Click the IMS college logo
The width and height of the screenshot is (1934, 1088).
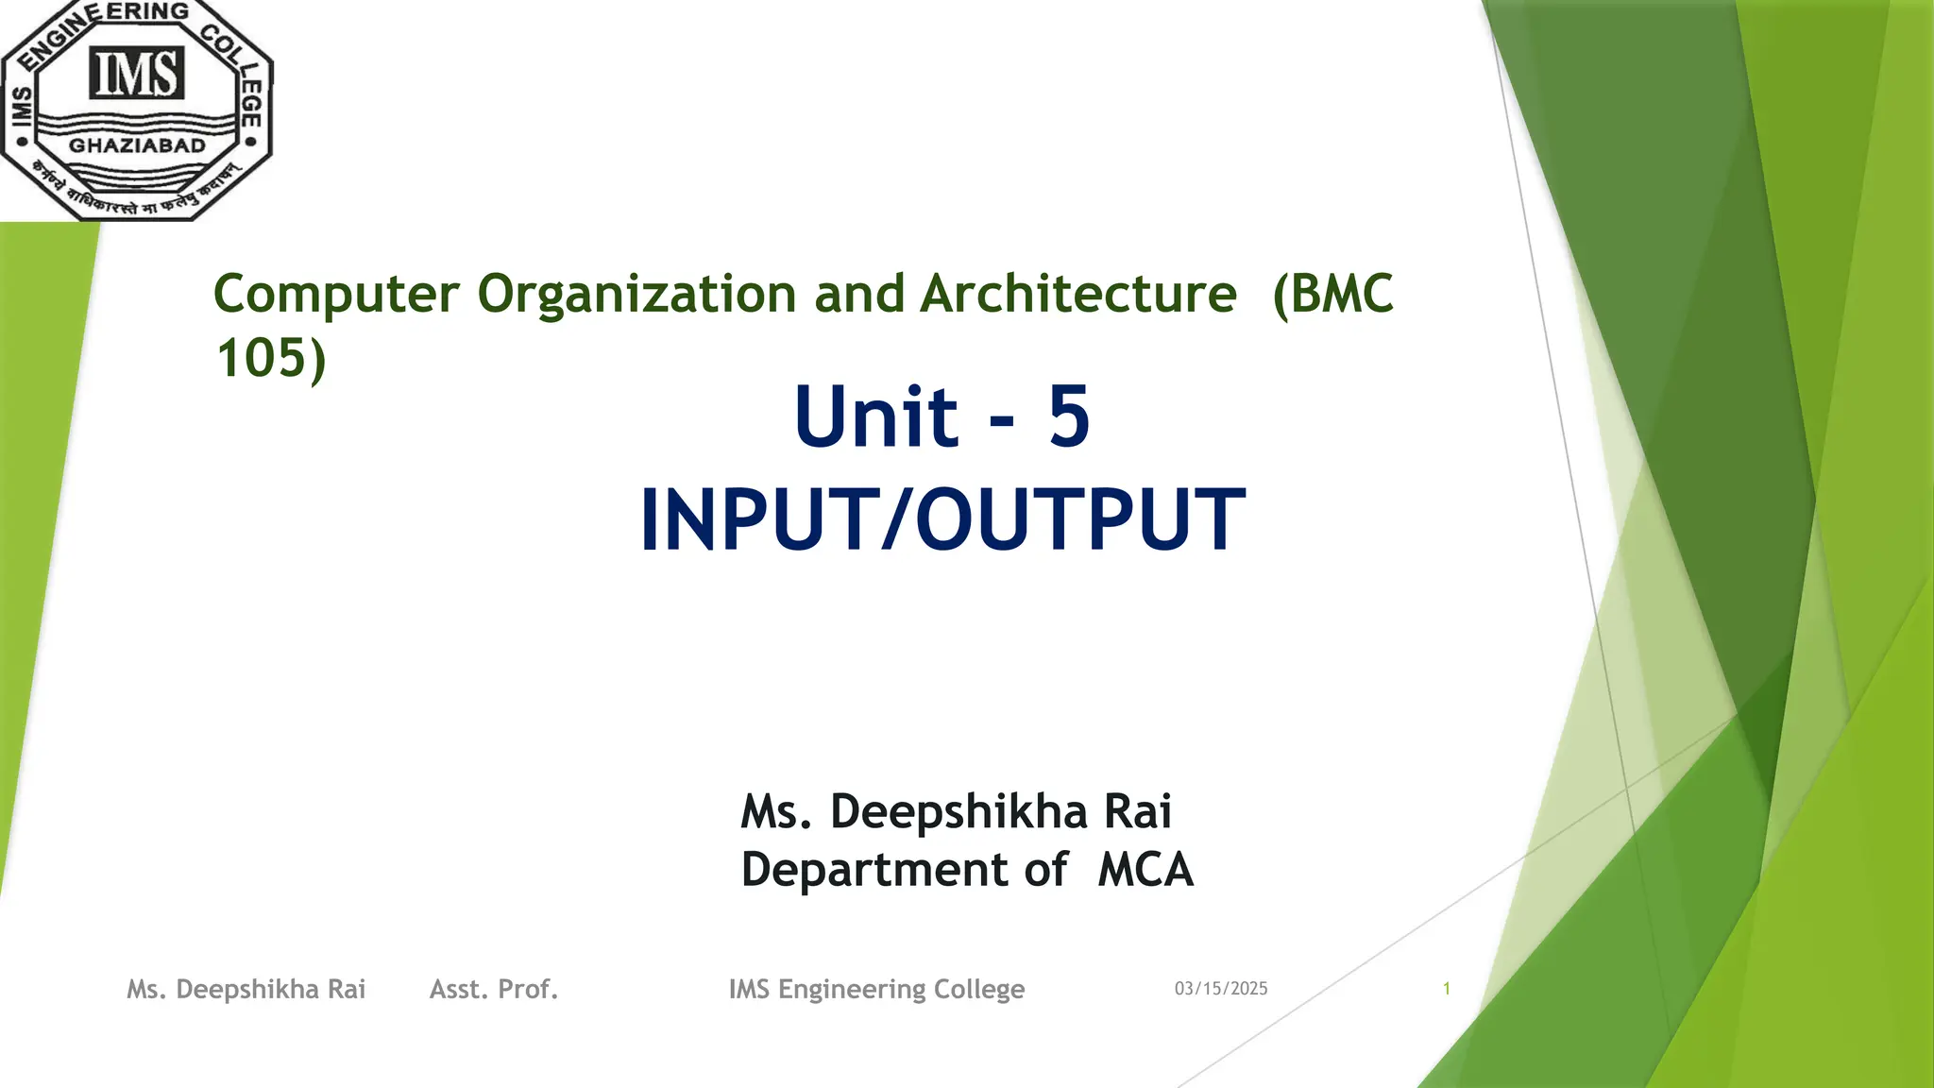137,110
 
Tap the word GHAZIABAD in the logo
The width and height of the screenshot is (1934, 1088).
138,146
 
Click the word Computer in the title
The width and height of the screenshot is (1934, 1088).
336,294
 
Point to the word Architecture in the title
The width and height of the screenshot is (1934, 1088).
1078,294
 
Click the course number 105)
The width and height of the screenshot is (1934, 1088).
271,358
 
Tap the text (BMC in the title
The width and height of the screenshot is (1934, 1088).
1332,294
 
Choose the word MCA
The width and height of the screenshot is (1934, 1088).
1145,870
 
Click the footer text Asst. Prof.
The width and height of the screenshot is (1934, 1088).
494,989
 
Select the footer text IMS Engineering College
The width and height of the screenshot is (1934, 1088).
876,989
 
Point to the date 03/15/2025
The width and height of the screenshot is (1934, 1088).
1221,989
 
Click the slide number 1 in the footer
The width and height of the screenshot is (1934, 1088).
1446,989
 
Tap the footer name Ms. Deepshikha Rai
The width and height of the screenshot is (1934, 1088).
246,989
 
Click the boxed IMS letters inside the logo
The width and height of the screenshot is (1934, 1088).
137,75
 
